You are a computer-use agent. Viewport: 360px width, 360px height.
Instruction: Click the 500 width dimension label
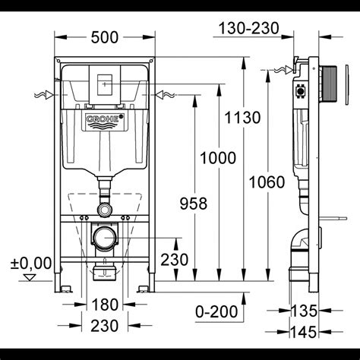tap(105, 37)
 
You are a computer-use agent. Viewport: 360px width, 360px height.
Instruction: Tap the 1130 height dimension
tap(242, 118)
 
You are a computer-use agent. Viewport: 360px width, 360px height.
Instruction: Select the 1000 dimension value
tap(218, 158)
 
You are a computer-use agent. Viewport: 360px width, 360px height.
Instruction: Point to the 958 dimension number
tap(194, 204)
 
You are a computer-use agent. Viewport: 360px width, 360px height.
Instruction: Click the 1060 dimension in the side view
tap(267, 182)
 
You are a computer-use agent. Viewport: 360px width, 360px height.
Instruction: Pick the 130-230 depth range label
tap(249, 28)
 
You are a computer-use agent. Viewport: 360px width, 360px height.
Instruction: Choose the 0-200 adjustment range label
tap(216, 311)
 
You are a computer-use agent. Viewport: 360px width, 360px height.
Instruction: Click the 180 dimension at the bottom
tap(105, 305)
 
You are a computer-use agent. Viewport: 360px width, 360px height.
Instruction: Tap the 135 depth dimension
tap(304, 311)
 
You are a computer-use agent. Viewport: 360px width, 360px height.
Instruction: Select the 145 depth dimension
tap(304, 332)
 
